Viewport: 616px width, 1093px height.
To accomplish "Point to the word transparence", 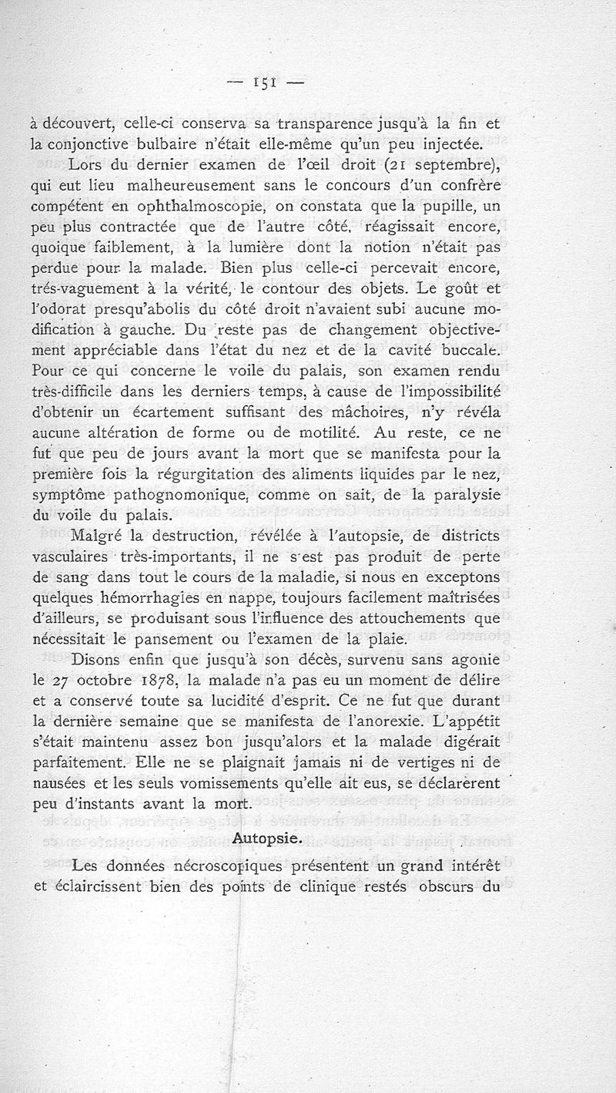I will (x=326, y=123).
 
